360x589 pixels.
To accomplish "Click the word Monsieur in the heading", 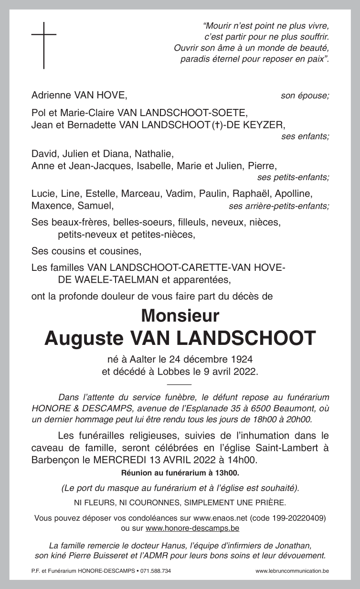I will point(180,316).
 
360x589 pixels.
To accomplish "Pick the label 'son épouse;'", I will point(305,96).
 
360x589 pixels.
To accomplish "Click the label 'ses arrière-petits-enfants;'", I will point(279,206).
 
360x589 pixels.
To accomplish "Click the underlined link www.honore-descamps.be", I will point(192,528).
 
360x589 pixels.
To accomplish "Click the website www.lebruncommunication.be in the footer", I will point(292,571).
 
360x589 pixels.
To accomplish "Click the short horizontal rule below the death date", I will point(180,384).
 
